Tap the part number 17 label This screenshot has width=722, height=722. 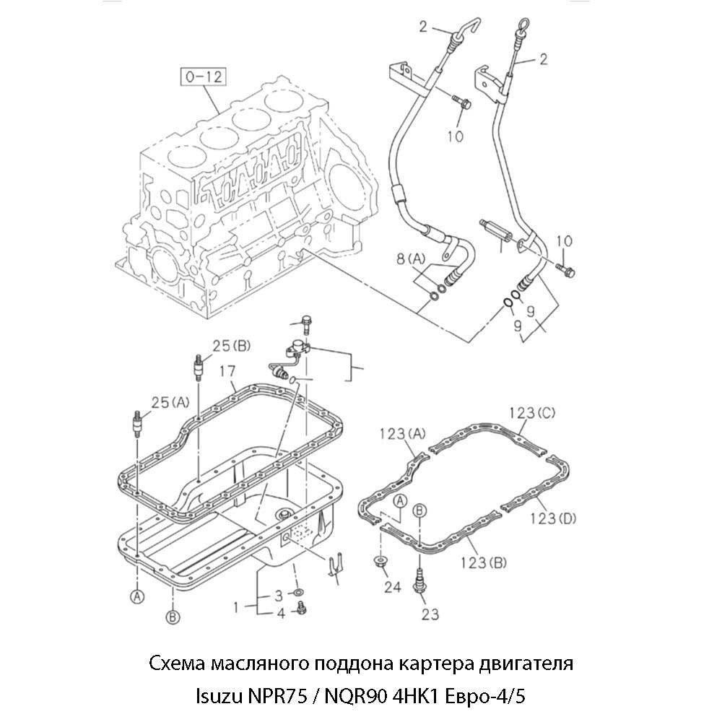tap(227, 372)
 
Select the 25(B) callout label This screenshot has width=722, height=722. tap(230, 346)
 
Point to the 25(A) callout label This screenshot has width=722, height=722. tap(169, 402)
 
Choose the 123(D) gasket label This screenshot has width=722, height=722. tap(552, 518)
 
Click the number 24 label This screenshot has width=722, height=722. tap(392, 587)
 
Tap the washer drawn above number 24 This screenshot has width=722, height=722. tap(378, 561)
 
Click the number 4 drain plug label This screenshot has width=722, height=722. tap(280, 614)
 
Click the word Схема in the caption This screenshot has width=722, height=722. tap(177, 663)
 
